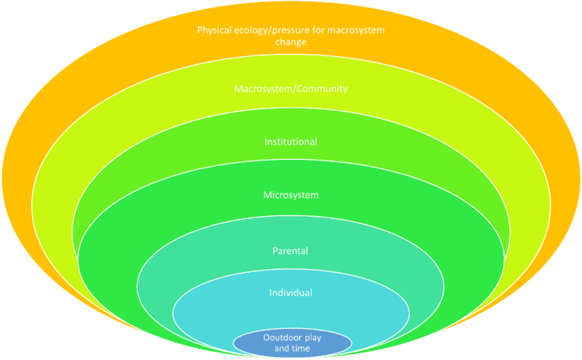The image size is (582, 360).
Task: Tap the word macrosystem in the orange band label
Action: click(356, 31)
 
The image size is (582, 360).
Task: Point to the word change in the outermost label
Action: click(291, 42)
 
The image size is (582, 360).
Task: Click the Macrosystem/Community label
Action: click(291, 89)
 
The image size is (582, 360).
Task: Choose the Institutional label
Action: click(291, 142)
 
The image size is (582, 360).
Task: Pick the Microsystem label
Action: click(291, 195)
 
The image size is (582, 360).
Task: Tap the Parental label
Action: click(291, 250)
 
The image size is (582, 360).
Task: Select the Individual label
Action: click(291, 293)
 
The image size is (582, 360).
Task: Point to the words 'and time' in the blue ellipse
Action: click(292, 348)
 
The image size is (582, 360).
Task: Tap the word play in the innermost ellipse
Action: click(312, 338)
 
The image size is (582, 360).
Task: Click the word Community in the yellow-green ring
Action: click(323, 89)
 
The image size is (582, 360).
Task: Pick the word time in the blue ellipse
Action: click(300, 348)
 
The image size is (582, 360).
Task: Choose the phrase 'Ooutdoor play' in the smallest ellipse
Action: click(292, 338)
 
